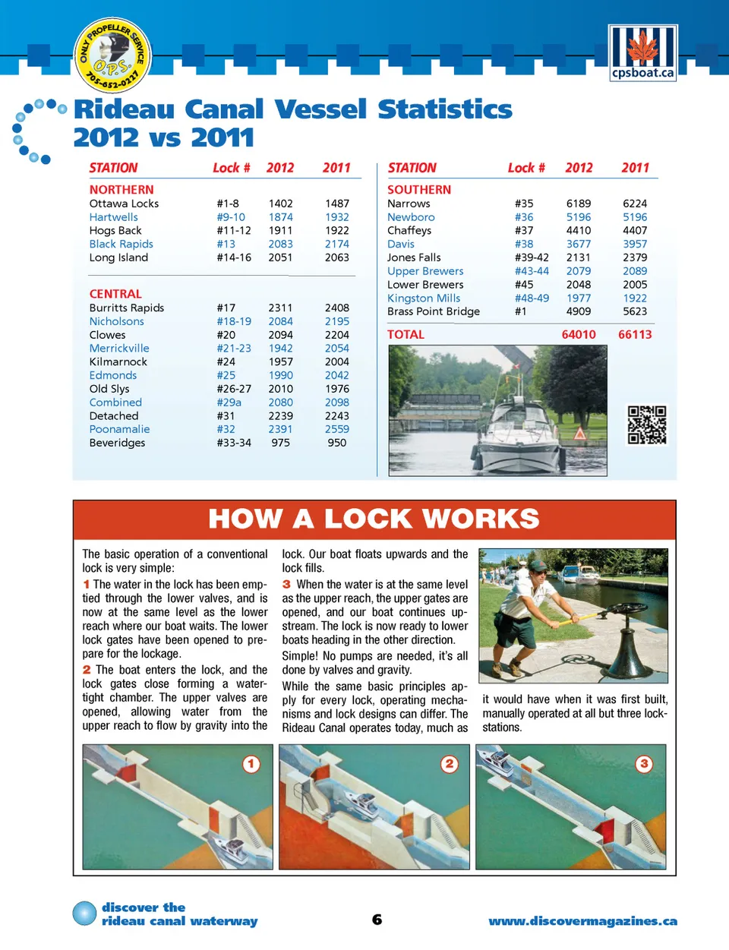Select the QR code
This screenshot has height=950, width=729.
click(646, 425)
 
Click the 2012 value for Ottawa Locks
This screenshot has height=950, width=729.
click(280, 204)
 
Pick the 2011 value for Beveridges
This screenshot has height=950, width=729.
click(336, 443)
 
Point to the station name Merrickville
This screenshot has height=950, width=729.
click(119, 349)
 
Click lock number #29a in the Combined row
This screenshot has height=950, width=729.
click(229, 402)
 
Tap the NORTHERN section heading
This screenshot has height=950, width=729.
click(121, 190)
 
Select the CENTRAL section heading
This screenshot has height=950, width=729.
click(115, 294)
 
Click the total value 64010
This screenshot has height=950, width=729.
click(579, 335)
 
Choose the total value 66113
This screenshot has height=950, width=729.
click(635, 335)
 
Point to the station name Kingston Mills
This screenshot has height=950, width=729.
click(424, 298)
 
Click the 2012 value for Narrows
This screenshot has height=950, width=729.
click(578, 204)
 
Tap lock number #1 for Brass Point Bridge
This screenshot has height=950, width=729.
click(520, 311)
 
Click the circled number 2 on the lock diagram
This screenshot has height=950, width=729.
click(450, 764)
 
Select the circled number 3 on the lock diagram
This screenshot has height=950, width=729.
click(644, 764)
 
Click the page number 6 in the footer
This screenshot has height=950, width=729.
click(377, 920)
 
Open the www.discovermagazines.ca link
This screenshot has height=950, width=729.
click(582, 921)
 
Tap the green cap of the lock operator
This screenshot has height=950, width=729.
click(538, 566)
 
